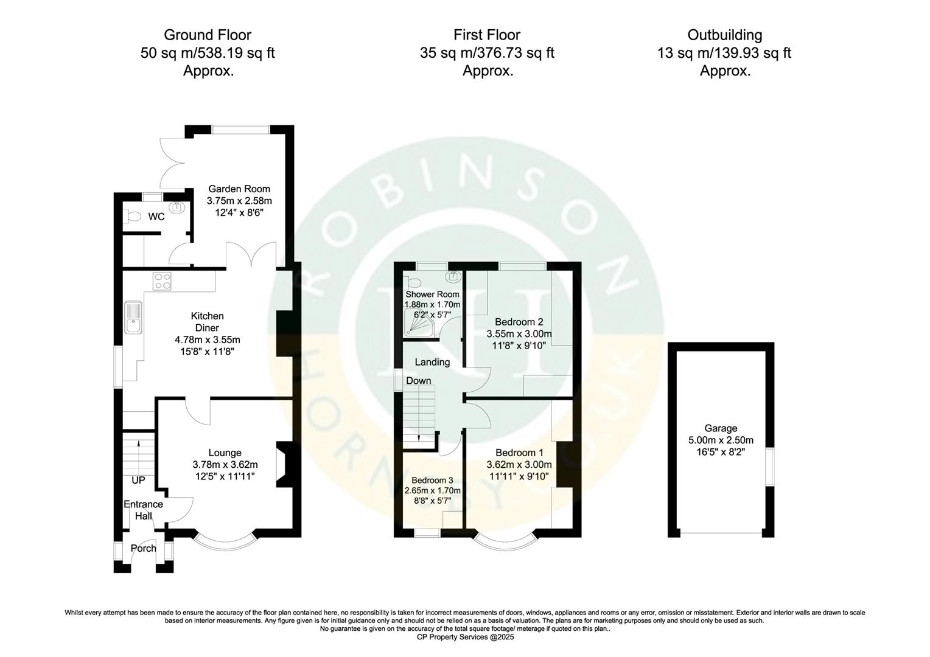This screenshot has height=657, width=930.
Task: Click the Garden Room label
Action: tap(239, 189)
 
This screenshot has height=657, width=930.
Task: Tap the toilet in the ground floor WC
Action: tap(132, 216)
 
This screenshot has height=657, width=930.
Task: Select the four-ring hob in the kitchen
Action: tap(163, 280)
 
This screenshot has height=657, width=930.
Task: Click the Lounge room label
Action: tap(225, 453)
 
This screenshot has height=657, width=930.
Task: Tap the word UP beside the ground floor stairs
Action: tap(138, 480)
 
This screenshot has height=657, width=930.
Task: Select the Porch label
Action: tap(144, 548)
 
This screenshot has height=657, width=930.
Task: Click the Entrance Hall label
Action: tap(143, 510)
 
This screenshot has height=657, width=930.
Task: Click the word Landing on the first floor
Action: tap(432, 362)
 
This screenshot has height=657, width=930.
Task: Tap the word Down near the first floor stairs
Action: tap(418, 381)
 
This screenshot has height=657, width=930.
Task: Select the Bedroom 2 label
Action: tap(519, 322)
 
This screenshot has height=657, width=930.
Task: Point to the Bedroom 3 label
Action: tap(432, 480)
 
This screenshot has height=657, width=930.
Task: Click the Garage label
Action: tap(721, 428)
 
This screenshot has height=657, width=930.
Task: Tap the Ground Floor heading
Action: tap(208, 35)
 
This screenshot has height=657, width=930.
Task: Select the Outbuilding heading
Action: tap(724, 35)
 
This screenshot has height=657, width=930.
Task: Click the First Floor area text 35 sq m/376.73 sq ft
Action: tap(487, 53)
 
